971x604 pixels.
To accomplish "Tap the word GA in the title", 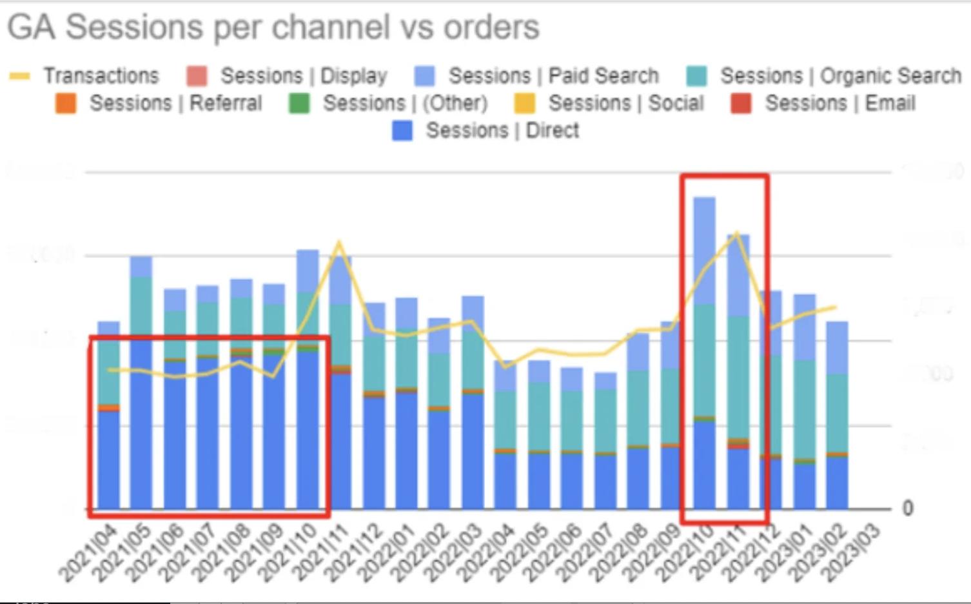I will click(x=30, y=28).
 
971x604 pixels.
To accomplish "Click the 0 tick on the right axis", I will click(x=907, y=508).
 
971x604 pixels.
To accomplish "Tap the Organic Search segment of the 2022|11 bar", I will click(x=738, y=377).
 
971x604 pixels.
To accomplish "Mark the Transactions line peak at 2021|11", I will click(x=339, y=243).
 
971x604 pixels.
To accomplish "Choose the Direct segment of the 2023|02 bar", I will click(x=837, y=483).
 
